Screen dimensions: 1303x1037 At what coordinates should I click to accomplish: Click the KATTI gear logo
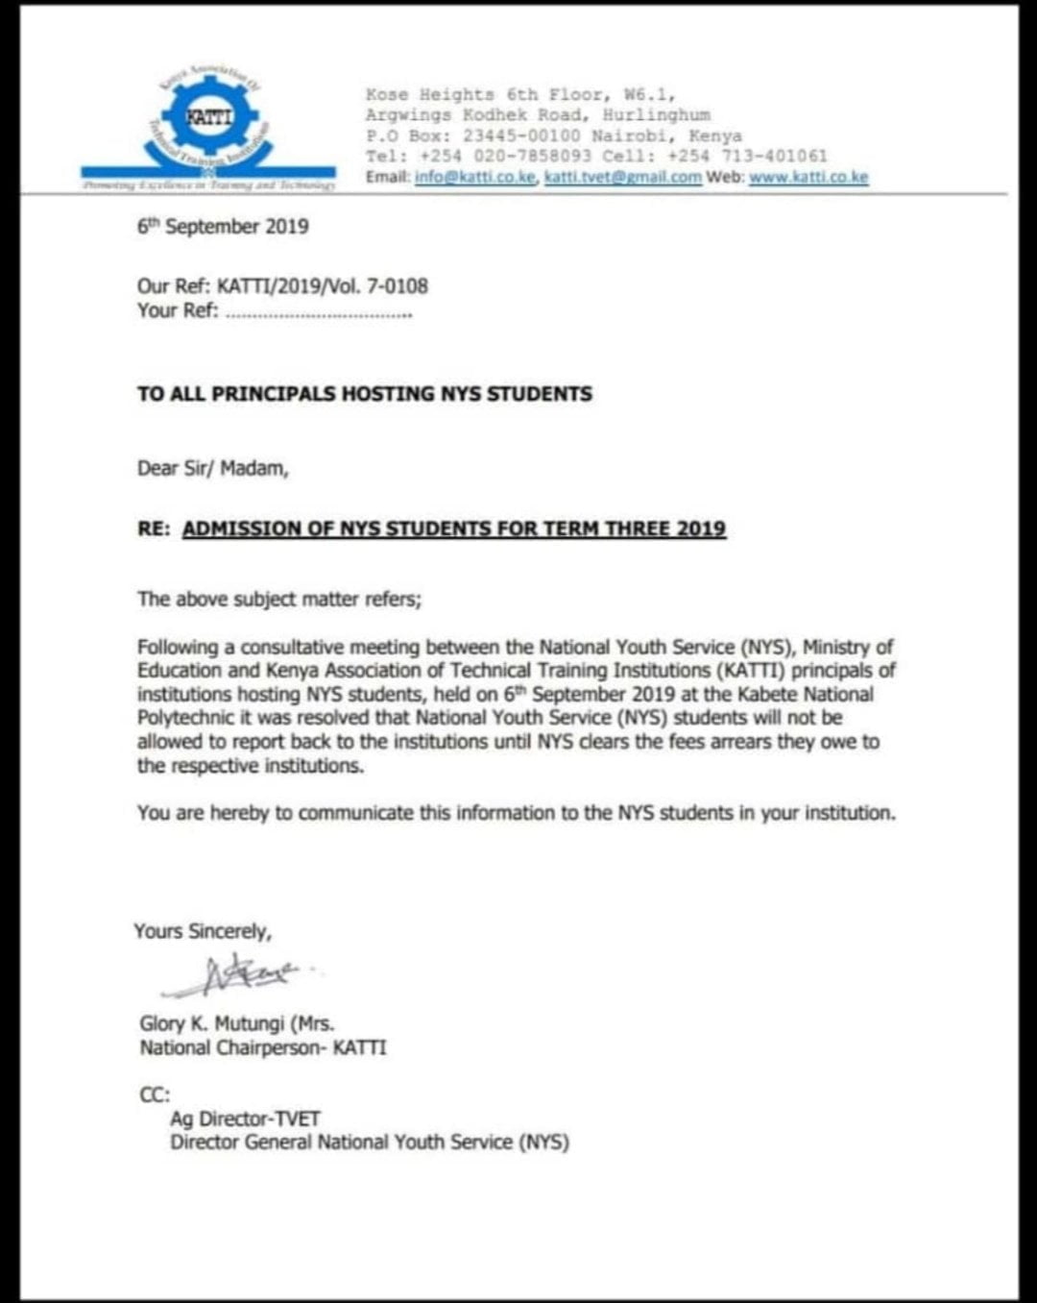[208, 119]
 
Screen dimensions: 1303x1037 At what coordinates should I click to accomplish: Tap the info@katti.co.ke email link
[475, 178]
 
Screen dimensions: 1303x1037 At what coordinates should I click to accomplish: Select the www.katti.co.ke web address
[808, 178]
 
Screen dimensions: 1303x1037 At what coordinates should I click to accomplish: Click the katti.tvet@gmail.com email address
[622, 178]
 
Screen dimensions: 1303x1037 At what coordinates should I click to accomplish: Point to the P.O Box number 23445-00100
[521, 136]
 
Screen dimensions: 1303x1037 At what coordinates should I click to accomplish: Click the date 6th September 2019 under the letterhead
[223, 227]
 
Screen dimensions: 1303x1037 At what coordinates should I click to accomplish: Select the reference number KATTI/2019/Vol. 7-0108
[323, 286]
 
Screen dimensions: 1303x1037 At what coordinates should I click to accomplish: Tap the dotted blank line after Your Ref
[318, 312]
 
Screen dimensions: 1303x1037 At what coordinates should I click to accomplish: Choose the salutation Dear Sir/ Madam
[212, 469]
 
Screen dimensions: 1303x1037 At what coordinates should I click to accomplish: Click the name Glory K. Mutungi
[212, 1024]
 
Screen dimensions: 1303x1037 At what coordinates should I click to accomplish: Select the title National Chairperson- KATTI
[263, 1048]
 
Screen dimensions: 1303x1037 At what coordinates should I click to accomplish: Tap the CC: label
[155, 1094]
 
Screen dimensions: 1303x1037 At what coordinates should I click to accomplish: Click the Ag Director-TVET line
[245, 1119]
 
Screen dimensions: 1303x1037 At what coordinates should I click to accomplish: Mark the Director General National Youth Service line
[370, 1143]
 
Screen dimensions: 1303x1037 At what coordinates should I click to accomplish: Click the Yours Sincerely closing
[203, 931]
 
